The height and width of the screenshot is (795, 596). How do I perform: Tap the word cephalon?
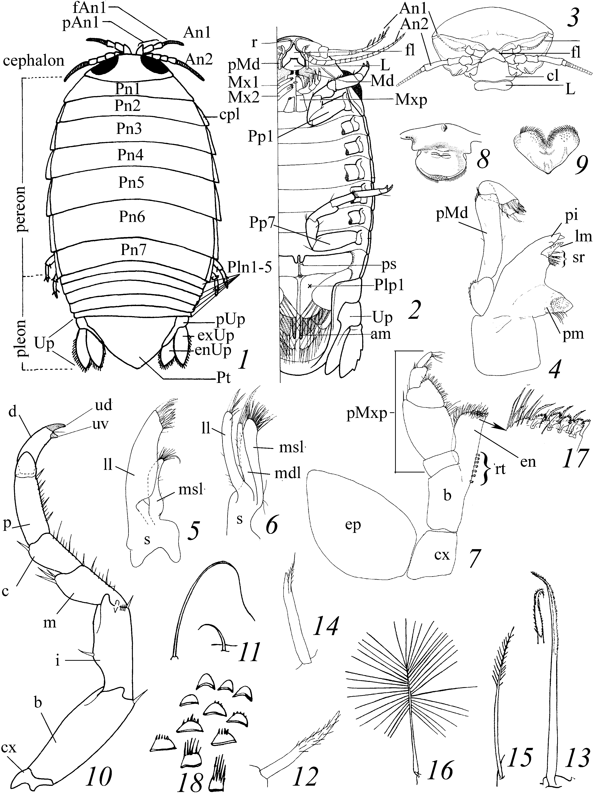coord(33,61)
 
